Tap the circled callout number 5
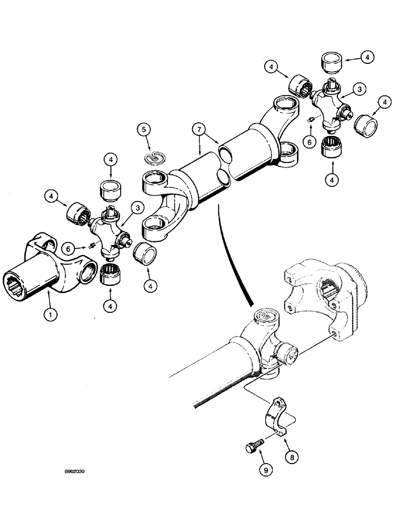(144, 129)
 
